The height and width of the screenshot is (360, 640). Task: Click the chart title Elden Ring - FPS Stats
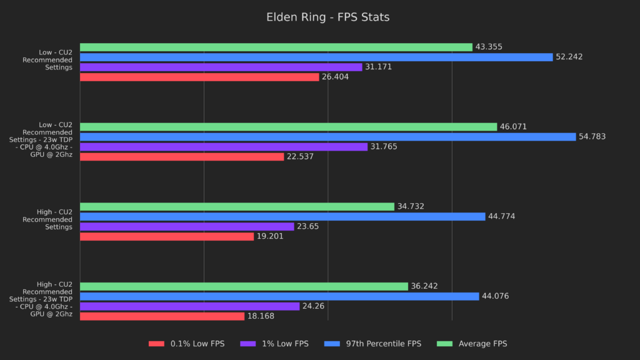(319, 17)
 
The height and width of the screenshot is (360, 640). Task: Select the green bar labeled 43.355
(276, 47)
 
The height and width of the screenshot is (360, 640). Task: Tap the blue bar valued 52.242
(316, 57)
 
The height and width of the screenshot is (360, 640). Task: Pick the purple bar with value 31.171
(221, 67)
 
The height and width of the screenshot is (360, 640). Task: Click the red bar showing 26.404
(199, 77)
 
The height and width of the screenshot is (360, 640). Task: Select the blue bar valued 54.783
(327, 137)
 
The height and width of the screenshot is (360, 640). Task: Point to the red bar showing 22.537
(182, 157)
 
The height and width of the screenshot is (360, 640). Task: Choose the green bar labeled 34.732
(237, 206)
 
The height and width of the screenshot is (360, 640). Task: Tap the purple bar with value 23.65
(187, 226)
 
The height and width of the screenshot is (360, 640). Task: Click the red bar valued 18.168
(162, 316)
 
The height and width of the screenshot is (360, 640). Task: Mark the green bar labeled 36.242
(244, 286)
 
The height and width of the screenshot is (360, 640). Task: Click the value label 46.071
(513, 127)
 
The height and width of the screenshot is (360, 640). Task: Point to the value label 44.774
(501, 216)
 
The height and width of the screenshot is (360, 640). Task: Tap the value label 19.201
(270, 236)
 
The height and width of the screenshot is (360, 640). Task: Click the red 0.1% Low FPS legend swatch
(156, 344)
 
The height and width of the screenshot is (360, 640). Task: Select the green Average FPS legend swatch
(446, 344)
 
